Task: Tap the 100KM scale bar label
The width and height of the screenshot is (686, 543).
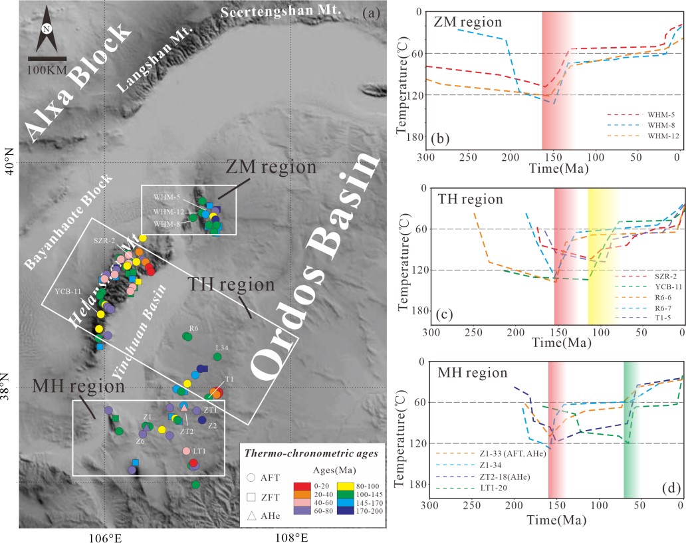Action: point(47,70)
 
